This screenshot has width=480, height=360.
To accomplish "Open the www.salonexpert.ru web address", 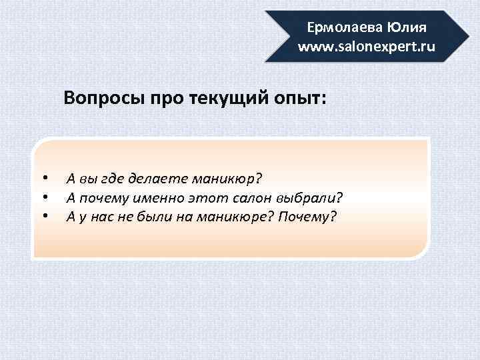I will (x=366, y=47).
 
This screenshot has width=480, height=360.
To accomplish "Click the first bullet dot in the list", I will (x=44, y=179).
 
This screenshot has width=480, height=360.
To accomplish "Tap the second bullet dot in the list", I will (x=44, y=197).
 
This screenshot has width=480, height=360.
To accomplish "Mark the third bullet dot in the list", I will (x=44, y=216).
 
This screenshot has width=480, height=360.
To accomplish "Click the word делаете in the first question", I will (x=161, y=179).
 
